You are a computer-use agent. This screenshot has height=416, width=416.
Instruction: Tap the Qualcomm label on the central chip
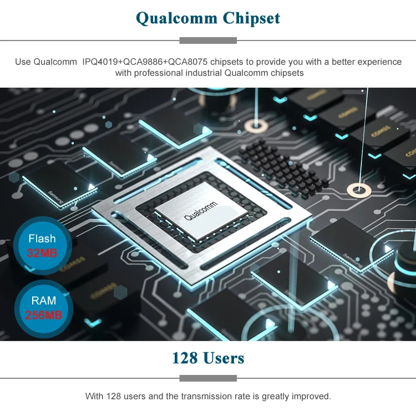(201, 211)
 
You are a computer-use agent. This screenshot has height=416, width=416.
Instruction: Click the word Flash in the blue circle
(42, 239)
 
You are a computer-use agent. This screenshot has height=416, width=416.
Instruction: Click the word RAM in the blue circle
(43, 301)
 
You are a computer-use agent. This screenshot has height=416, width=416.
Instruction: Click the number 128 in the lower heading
(185, 358)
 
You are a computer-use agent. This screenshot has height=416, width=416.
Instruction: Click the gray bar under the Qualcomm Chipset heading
(208, 40)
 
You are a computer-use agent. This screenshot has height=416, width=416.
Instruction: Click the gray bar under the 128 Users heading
(208, 378)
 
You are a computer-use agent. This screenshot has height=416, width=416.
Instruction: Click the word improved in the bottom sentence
(311, 396)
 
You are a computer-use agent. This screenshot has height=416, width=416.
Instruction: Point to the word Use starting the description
(23, 62)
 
